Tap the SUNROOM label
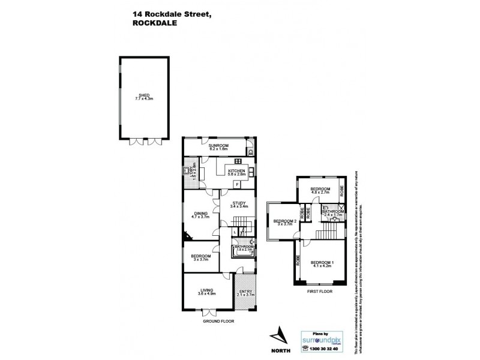(217, 145)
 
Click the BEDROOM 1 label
(322, 262)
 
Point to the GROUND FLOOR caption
(218, 321)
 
